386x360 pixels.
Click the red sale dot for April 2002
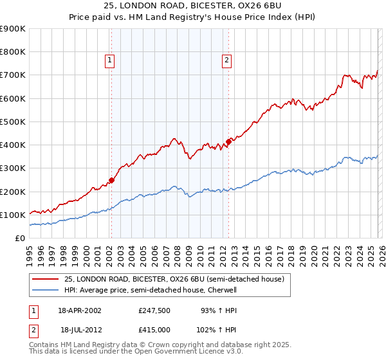tap(111, 181)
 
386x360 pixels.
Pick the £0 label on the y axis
tap(21, 239)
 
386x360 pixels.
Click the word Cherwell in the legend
tap(222, 290)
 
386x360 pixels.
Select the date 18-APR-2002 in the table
tap(80, 310)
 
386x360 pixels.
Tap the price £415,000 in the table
tap(154, 329)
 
